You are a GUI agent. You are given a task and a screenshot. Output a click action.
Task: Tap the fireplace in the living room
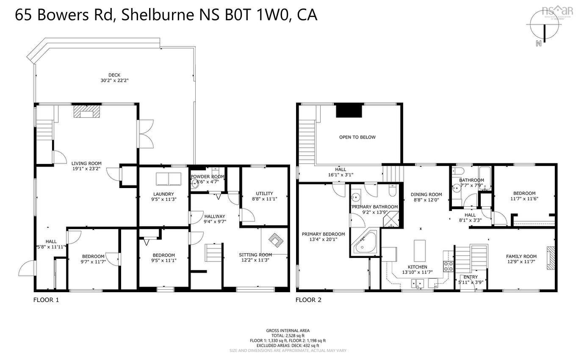coord(87,111)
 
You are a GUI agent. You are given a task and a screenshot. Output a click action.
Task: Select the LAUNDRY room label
coord(163,194)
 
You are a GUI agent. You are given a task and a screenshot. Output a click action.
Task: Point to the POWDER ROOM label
coord(207,177)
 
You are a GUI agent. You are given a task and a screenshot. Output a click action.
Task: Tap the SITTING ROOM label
coord(255,255)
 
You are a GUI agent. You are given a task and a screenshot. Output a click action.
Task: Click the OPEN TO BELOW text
coord(357,137)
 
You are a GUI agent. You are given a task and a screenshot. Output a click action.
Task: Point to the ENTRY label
coord(471,277)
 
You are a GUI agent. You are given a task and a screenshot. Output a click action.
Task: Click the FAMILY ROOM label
coord(521,256)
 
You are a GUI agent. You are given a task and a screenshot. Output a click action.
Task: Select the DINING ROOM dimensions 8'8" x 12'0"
coord(426,200)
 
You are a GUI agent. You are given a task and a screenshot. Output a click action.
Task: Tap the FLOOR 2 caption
coord(308,300)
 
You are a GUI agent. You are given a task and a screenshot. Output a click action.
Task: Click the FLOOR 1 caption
coord(46,300)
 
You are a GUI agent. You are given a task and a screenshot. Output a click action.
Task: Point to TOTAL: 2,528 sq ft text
coord(288,335)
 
